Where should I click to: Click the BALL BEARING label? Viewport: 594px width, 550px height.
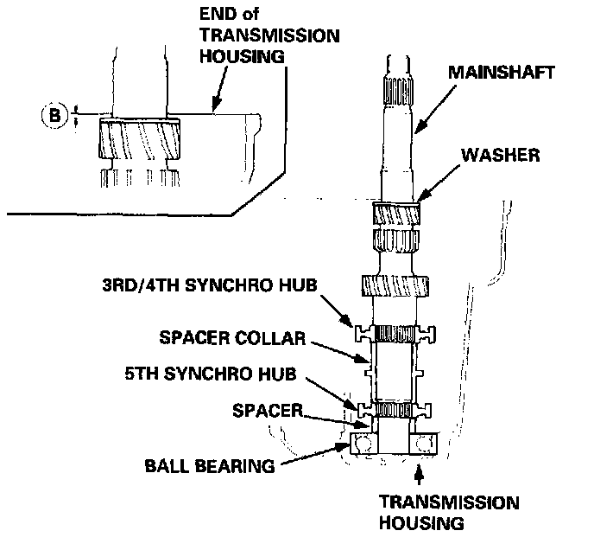point(212,465)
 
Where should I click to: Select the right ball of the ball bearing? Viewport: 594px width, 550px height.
point(423,444)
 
